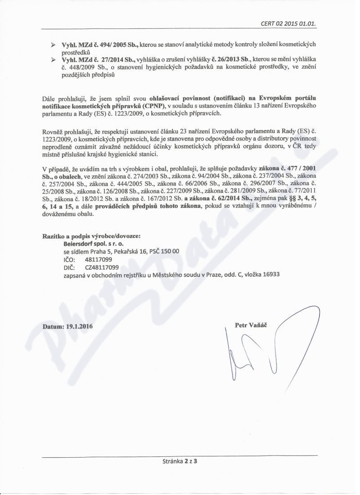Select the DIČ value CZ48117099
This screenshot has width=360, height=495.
tap(102, 267)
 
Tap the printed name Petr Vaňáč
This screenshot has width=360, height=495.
tap(251, 324)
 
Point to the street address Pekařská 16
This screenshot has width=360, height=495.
tap(128, 251)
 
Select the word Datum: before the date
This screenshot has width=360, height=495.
tap(53, 327)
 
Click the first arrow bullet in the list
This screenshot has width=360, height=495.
tap(53, 44)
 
